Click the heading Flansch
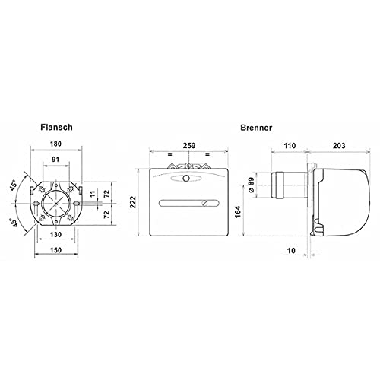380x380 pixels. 56,127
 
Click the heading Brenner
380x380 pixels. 256,128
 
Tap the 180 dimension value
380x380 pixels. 55,144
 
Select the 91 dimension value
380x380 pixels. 55,159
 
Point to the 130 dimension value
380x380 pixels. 55,234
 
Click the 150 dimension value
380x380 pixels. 55,250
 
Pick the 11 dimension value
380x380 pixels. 93,194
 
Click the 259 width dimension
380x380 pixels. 189,146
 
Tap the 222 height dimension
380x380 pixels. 133,202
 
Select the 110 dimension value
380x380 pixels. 290,146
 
